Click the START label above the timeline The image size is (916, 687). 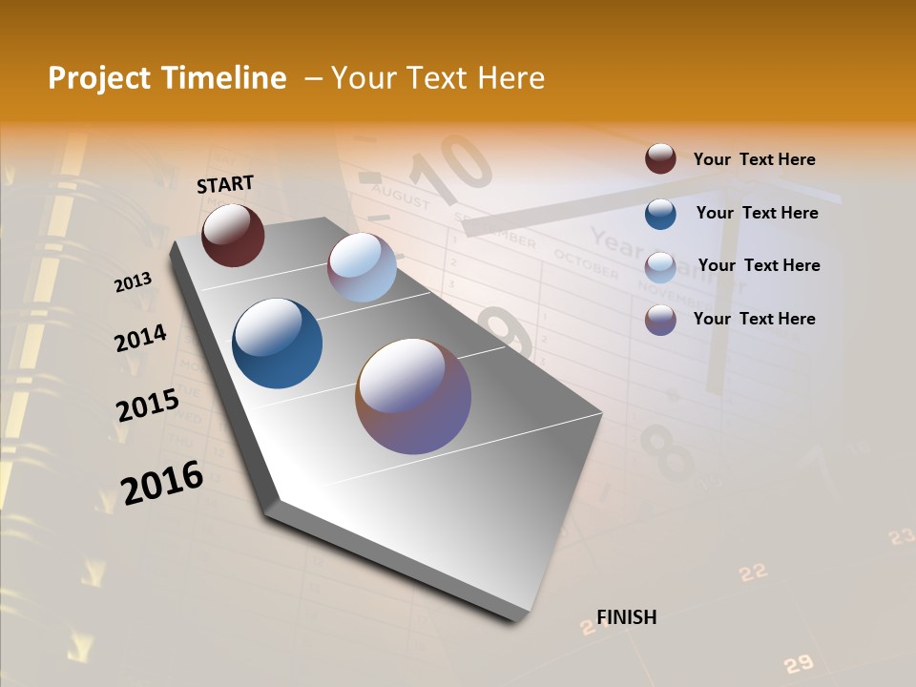(225, 184)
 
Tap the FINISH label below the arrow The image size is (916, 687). (626, 617)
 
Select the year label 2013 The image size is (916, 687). (133, 281)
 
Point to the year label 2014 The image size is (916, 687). (140, 338)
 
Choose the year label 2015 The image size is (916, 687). (147, 405)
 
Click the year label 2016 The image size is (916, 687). (161, 483)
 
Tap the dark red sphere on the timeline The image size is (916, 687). (233, 235)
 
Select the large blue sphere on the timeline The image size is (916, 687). (277, 343)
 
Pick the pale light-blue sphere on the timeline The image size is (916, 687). (362, 267)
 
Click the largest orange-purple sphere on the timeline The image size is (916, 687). (413, 395)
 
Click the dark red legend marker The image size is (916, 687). (660, 158)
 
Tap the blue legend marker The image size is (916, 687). (660, 213)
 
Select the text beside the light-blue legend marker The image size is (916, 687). (759, 265)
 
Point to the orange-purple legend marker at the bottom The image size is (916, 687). (660, 320)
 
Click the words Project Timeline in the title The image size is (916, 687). (167, 78)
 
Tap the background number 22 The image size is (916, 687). (753, 572)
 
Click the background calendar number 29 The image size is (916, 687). (798, 663)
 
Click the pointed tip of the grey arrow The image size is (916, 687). (520, 618)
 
